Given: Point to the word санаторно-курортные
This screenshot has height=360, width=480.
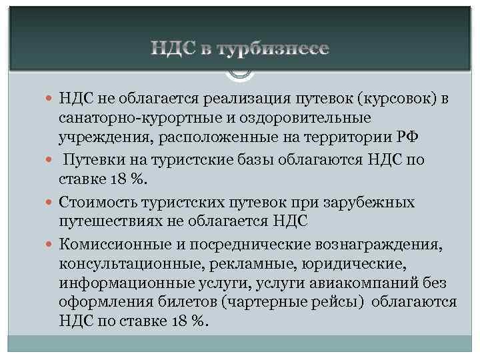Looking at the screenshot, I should point(133,117).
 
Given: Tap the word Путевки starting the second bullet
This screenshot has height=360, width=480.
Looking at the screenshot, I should point(95,161).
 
